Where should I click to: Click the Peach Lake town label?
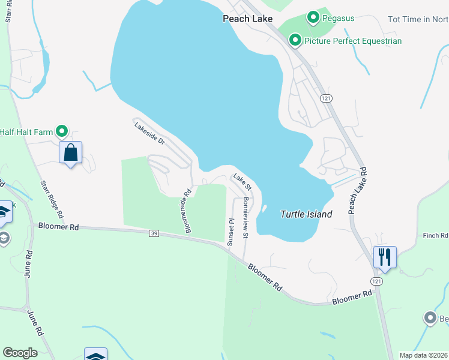pos(247,19)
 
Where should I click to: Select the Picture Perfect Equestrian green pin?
pos(295,41)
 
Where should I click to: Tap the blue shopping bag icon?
pos(71,152)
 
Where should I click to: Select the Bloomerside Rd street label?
pos(188,211)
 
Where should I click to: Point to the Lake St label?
pos(243,181)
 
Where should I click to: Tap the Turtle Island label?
pos(306,214)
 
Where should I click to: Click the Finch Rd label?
pos(436,235)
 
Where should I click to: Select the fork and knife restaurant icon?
pos(384,256)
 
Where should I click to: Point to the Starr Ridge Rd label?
pos(52,199)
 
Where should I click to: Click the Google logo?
pos(20,353)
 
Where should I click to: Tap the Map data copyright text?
pos(424,355)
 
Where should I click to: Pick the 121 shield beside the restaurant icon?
pos(376,281)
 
